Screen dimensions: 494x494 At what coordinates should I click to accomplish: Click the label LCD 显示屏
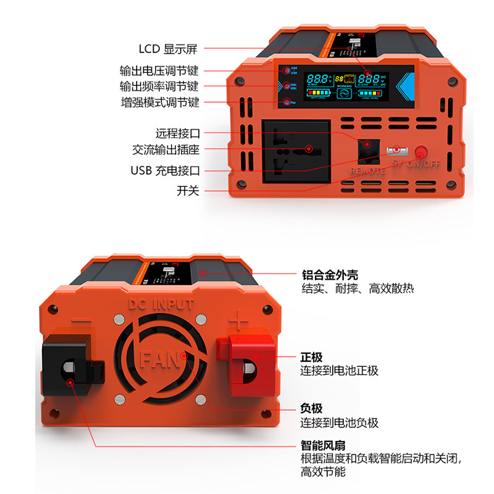167,49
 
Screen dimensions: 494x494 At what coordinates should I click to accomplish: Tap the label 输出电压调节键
159,70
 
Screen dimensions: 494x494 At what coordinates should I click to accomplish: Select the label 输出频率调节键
159,86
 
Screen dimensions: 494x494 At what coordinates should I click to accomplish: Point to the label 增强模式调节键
159,103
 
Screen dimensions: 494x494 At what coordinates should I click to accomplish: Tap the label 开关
188,191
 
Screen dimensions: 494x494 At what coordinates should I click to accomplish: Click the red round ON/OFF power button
422,152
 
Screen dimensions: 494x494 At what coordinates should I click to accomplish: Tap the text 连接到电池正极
339,371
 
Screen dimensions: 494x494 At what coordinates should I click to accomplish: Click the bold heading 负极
312,409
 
